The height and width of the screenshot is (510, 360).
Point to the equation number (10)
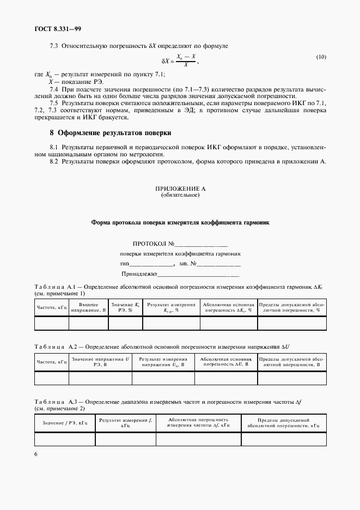click(x=321, y=57)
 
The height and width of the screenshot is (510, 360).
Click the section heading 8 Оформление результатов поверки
click(x=110, y=132)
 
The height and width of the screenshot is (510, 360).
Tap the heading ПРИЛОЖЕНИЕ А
click(x=180, y=189)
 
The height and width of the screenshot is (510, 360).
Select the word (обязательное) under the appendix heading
click(x=180, y=195)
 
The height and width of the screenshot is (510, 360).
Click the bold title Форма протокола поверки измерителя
click(x=180, y=222)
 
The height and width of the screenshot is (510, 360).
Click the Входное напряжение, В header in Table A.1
click(x=88, y=307)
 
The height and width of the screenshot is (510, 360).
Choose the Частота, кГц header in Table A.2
click(x=51, y=362)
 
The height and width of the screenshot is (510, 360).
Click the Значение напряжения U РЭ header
click(x=101, y=362)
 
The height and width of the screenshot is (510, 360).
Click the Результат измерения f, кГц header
click(x=125, y=423)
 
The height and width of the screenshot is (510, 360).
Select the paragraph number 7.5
click(x=54, y=102)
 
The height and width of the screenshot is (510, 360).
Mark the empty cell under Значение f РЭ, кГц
click(x=65, y=439)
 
